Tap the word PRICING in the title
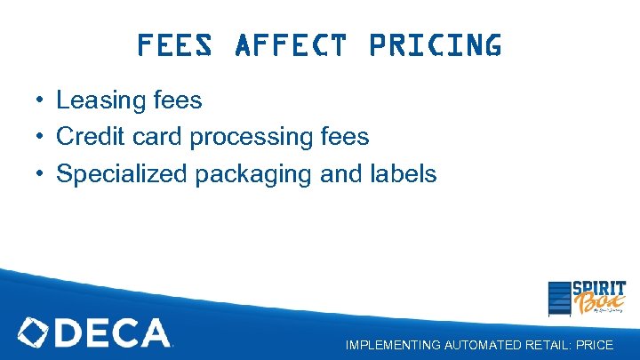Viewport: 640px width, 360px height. (434, 44)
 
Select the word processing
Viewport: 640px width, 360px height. (252, 138)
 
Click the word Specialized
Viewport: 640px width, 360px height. (123, 174)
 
